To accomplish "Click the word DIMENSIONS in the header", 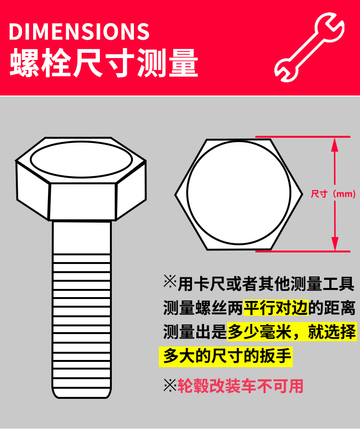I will pyautogui.click(x=79, y=31).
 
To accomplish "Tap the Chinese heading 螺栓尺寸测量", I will pyautogui.click(x=104, y=63).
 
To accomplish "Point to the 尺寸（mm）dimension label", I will pyautogui.click(x=333, y=194).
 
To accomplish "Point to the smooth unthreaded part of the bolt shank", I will pyautogui.click(x=82, y=237).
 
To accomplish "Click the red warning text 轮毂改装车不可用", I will pyautogui.click(x=240, y=385).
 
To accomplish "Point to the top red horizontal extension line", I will pyautogui.click(x=302, y=137).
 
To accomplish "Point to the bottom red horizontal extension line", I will pyautogui.click(x=302, y=251).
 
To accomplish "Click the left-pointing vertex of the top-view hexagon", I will pyautogui.click(x=175, y=194).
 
